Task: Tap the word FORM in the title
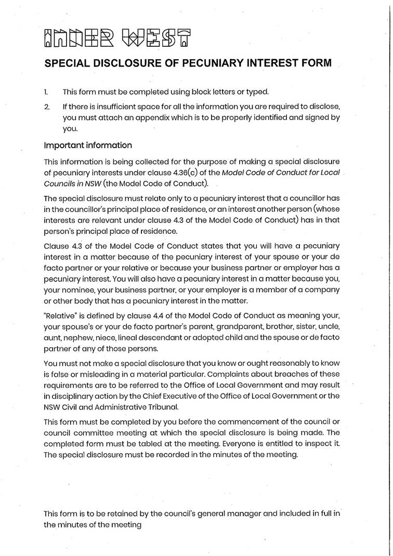pyautogui.click(x=313, y=63)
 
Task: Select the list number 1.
pyautogui.click(x=46, y=92)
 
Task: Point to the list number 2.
pyautogui.click(x=47, y=107)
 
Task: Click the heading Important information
pyautogui.click(x=88, y=145)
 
